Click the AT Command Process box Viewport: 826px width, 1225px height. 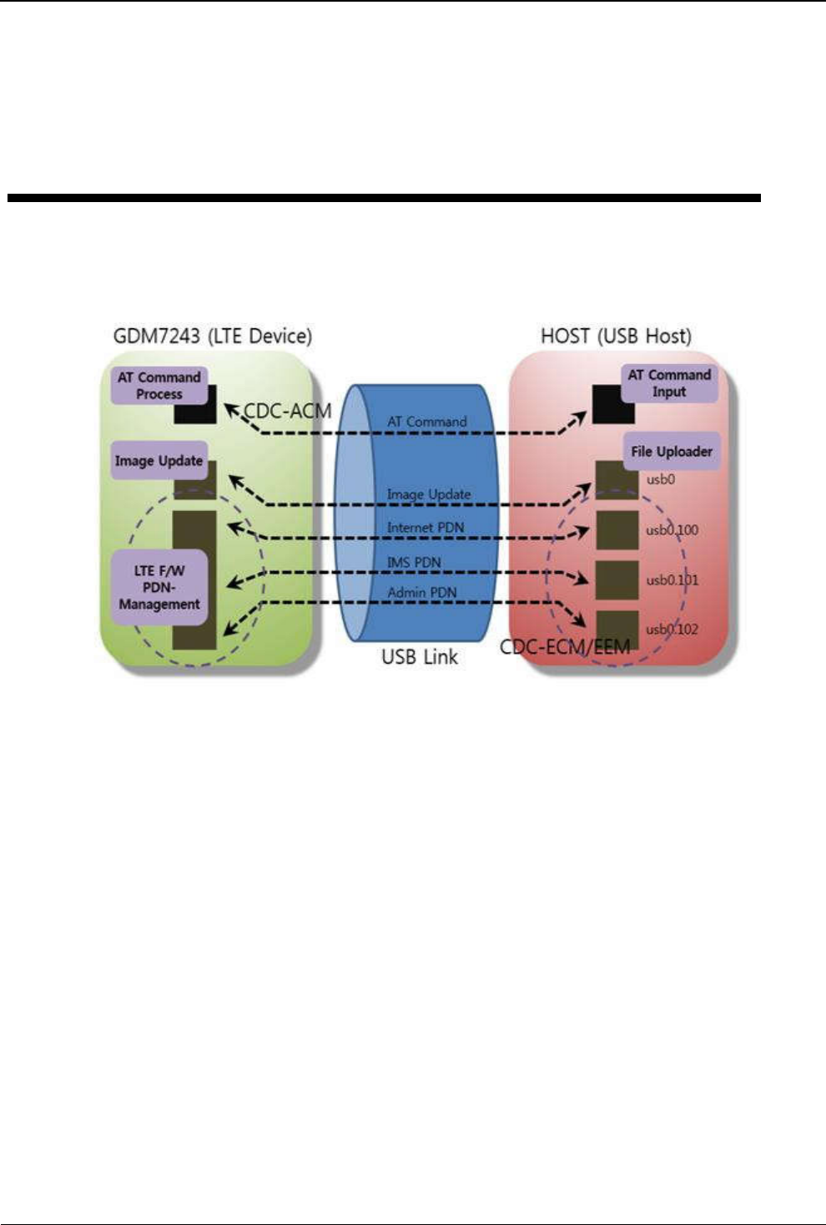point(159,386)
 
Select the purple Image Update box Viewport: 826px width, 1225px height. point(159,460)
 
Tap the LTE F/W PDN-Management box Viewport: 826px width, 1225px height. point(159,587)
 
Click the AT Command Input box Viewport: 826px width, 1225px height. point(669,383)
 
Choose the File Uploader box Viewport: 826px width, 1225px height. point(672,452)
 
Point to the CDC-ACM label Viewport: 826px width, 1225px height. point(287,411)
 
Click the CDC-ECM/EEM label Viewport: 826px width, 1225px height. point(565,647)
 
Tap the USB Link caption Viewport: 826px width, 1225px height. point(420,657)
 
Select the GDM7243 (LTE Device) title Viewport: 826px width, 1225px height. point(213,336)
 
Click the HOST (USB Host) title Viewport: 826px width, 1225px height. point(617,336)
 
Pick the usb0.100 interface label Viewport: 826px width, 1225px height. point(672,530)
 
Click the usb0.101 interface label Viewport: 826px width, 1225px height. point(672,580)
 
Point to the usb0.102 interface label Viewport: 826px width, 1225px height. point(672,630)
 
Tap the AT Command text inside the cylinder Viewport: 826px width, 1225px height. point(427,422)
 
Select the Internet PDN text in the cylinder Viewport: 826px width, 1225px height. point(426,527)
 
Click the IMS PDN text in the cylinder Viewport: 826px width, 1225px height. point(414,562)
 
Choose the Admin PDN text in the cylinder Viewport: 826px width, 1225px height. point(422,592)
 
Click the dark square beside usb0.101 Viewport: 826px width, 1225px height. point(617,580)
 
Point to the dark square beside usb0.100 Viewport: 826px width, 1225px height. point(617,530)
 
